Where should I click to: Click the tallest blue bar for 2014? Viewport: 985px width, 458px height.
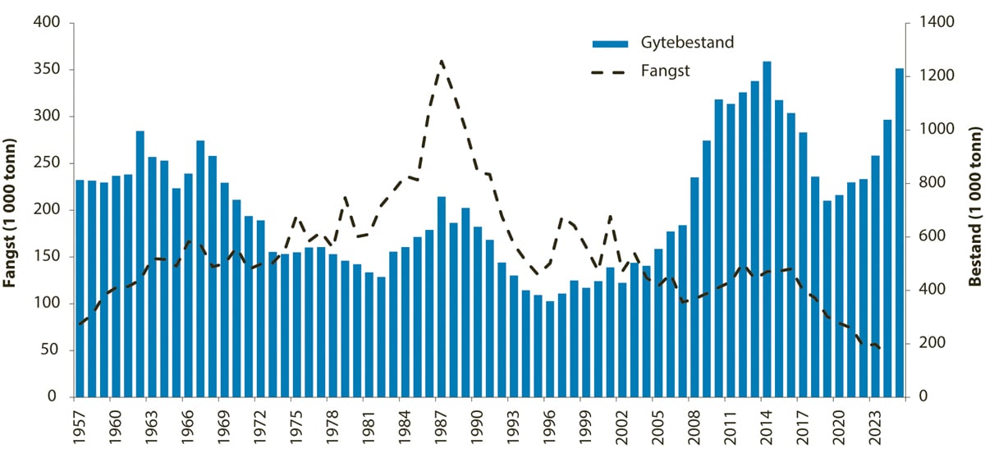767,230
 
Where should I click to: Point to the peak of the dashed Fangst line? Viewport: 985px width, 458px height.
442,61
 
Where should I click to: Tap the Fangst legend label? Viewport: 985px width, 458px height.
665,71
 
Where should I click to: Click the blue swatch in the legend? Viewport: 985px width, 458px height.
610,43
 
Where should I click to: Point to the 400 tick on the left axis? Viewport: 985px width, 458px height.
52,22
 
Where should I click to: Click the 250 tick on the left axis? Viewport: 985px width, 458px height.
52,163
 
